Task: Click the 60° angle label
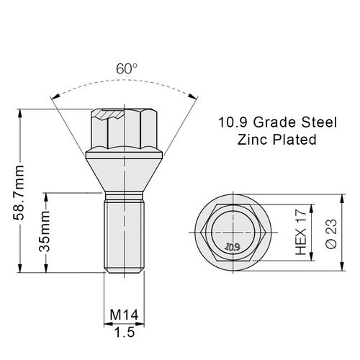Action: pos(127,68)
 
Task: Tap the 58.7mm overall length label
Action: pos(19,192)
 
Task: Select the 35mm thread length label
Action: pos(45,232)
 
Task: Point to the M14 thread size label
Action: pos(124,315)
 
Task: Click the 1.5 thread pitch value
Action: pos(125,333)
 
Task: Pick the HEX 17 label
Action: pos(301,233)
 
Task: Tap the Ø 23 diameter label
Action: pos(331,234)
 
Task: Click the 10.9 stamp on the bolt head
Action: pos(232,247)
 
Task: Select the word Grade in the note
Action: pos(274,122)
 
